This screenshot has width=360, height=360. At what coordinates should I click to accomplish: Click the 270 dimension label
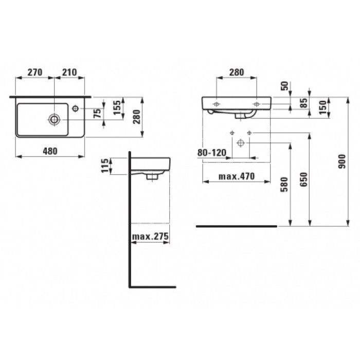click(x=34, y=73)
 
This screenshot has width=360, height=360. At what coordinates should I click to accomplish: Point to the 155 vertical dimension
click(x=117, y=110)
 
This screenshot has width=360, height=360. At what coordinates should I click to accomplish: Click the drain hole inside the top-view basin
click(x=54, y=119)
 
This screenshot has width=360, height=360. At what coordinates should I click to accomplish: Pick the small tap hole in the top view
click(x=76, y=109)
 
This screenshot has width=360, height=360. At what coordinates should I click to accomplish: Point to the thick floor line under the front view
click(x=237, y=226)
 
